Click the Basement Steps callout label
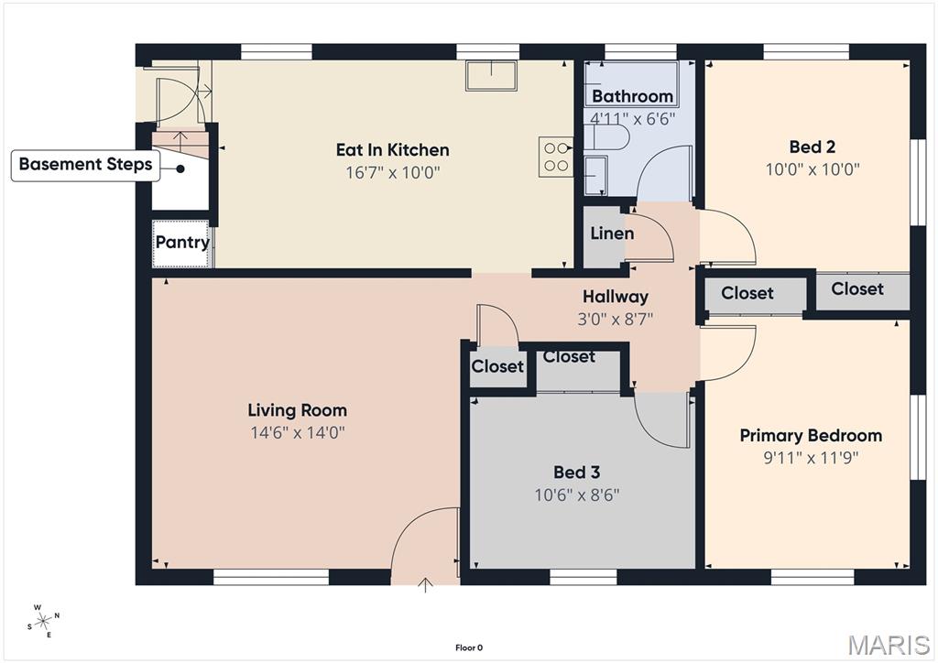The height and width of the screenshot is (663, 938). pos(86,165)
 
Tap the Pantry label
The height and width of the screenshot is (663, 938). pos(182,243)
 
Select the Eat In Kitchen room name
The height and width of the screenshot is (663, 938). pos(392,150)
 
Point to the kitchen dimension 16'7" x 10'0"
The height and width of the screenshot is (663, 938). pos(392,172)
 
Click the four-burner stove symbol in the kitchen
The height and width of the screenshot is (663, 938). pos(555,155)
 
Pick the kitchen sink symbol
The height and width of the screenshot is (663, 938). pos(491,76)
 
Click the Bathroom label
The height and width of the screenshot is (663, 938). pos(632,96)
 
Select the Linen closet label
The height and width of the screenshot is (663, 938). pos(612,234)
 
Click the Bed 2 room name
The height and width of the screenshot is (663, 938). pos(812,147)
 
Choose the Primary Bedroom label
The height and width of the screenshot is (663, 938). pos(811,436)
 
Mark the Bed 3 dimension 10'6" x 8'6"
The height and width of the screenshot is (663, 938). pos(577,495)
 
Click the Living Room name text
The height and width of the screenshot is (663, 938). pos(298,410)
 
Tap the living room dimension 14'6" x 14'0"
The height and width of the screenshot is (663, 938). pos(298,432)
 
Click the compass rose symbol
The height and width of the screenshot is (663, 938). pos(43,621)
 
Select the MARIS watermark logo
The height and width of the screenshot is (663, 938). pos(889,645)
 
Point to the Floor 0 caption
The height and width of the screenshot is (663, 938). pos(468,648)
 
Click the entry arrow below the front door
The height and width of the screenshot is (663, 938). pos(426,584)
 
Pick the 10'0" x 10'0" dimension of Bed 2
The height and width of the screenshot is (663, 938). pos(812,169)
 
